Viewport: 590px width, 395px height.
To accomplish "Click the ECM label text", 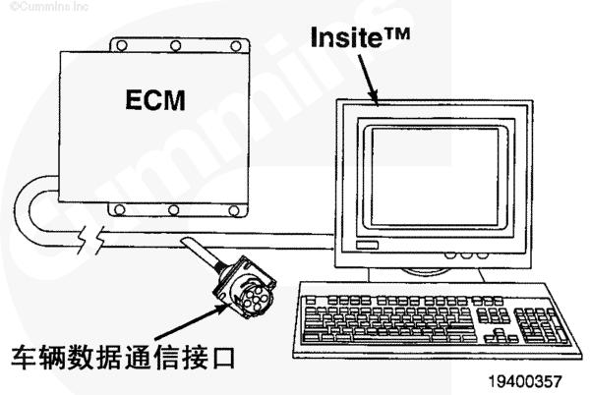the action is [155, 99].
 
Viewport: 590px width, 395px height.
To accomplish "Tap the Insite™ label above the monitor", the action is [360, 36].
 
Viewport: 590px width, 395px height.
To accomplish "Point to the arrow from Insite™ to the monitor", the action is [369, 80].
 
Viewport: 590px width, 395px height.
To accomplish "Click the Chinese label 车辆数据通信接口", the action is [123, 358].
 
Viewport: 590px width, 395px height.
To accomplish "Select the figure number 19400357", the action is [525, 381].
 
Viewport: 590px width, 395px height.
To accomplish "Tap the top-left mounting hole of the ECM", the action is [122, 46].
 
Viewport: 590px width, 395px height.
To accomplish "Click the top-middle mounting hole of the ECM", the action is [175, 46].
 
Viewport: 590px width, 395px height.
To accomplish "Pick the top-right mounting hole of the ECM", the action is [236, 46].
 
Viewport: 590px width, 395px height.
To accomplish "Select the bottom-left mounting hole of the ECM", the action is [120, 209].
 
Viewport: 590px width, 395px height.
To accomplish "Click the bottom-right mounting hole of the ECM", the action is [234, 210].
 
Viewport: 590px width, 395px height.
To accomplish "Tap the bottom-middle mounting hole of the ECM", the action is [173, 209].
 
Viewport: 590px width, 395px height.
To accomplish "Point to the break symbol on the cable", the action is [90, 240].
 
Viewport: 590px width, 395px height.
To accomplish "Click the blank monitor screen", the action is [435, 177].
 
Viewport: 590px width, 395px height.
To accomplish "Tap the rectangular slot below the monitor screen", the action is [367, 245].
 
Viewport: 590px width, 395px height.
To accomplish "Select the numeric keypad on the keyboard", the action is [541, 325].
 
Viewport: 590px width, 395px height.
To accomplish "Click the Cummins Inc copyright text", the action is [49, 7].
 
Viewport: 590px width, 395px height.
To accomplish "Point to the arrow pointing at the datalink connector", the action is [192, 321].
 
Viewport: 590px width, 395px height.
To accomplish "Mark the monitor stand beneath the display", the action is [425, 275].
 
